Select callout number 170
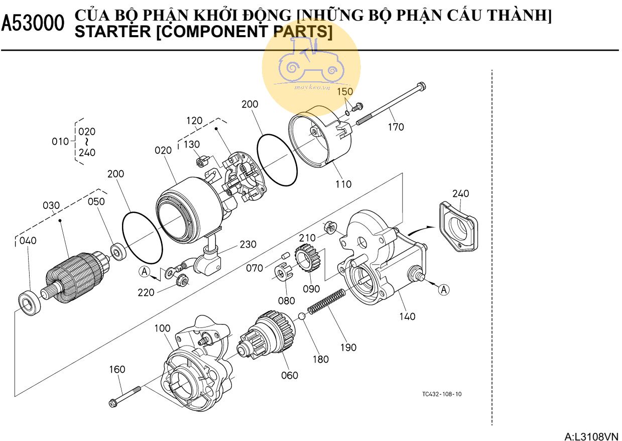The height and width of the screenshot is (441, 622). click(x=396, y=127)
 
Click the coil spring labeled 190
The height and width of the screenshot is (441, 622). click(x=326, y=301)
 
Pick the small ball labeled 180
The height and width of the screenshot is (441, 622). click(x=302, y=316)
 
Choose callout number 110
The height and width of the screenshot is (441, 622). click(x=343, y=184)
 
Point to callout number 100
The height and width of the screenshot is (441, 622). click(x=162, y=328)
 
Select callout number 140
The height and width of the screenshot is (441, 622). click(x=407, y=316)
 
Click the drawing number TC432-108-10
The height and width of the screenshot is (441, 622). click(x=442, y=394)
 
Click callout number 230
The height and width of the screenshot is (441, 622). click(x=247, y=245)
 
